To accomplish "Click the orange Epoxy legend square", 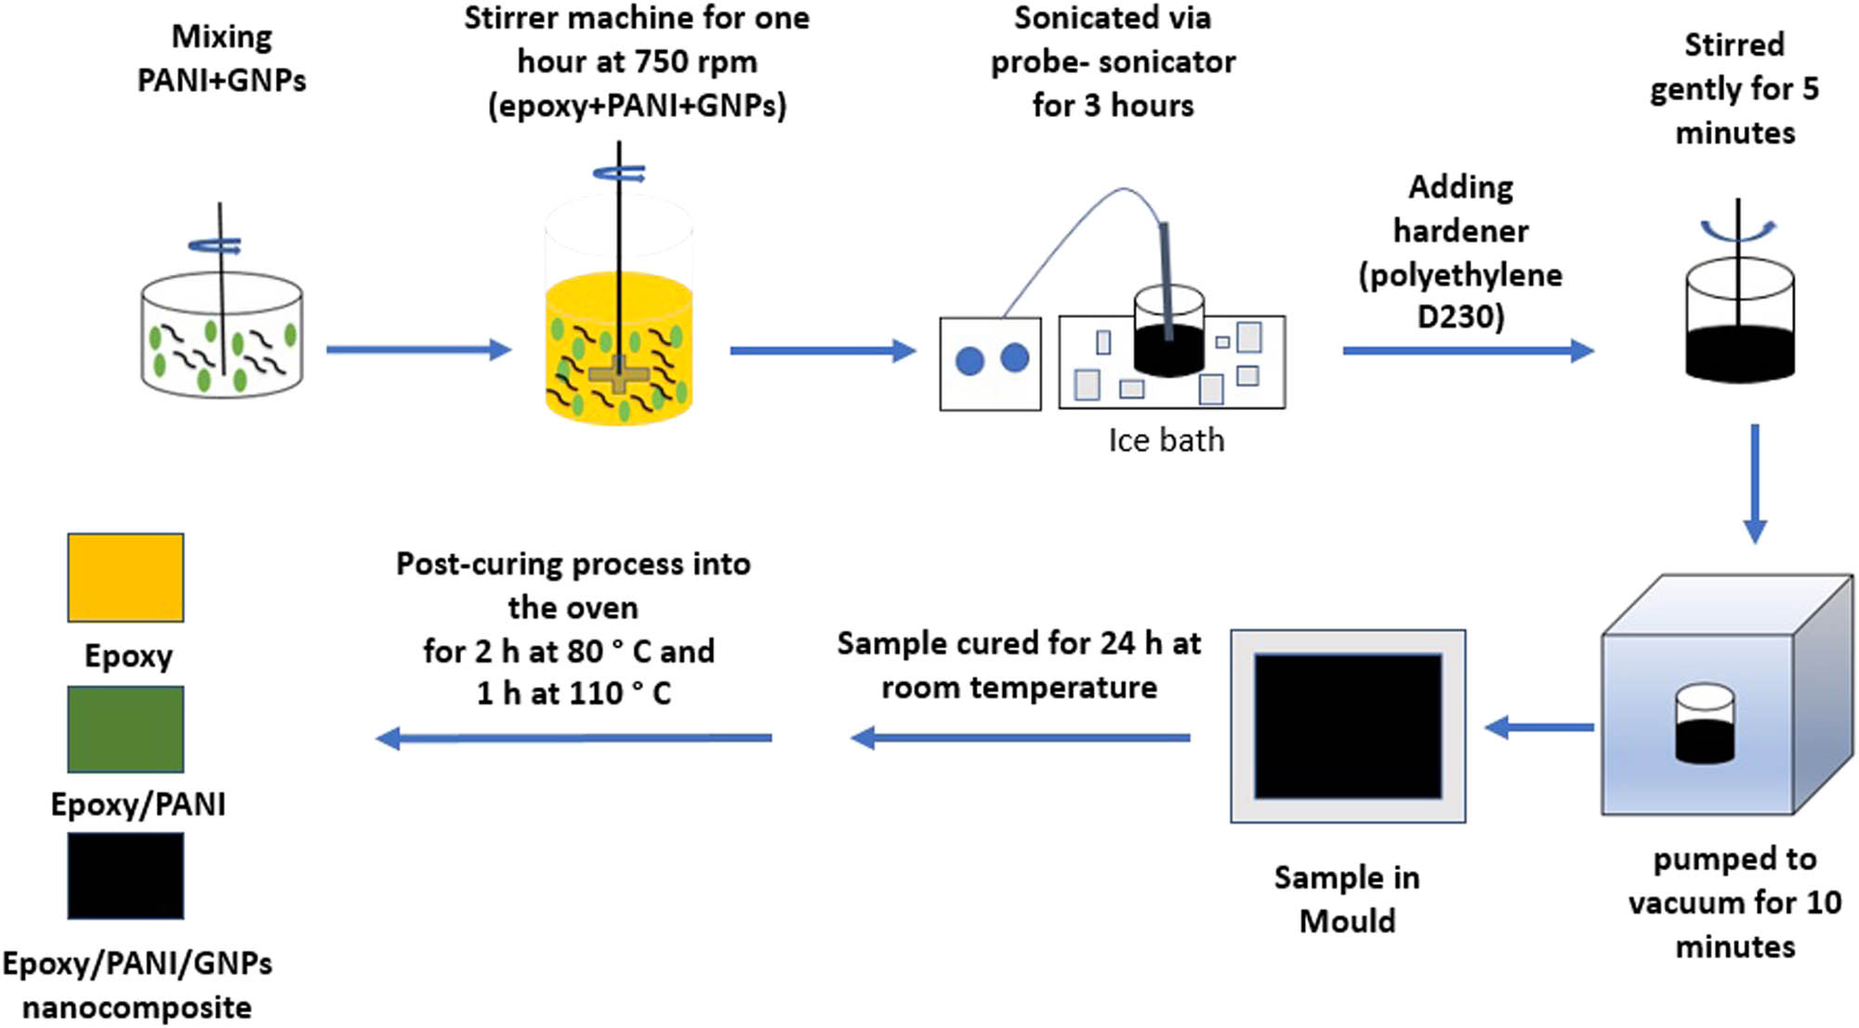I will [x=125, y=577].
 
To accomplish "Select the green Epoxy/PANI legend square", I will [x=125, y=730].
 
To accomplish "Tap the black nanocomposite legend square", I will [x=125, y=876].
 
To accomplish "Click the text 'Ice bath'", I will [x=1166, y=441].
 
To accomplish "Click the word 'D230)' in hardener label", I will [x=1460, y=317].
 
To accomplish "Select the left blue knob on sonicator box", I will [x=969, y=361].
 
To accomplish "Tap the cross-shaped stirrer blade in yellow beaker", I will [x=619, y=375].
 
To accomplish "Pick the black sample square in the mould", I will [x=1348, y=726].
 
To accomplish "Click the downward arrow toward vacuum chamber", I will [x=1754, y=483].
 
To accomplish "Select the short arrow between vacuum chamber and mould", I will [x=1538, y=728].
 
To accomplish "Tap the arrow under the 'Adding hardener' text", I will [x=1469, y=350].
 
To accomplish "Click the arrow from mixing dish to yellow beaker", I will [x=418, y=349].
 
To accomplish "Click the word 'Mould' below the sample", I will [x=1347, y=921].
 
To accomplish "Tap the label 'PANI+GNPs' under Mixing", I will [x=221, y=81].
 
